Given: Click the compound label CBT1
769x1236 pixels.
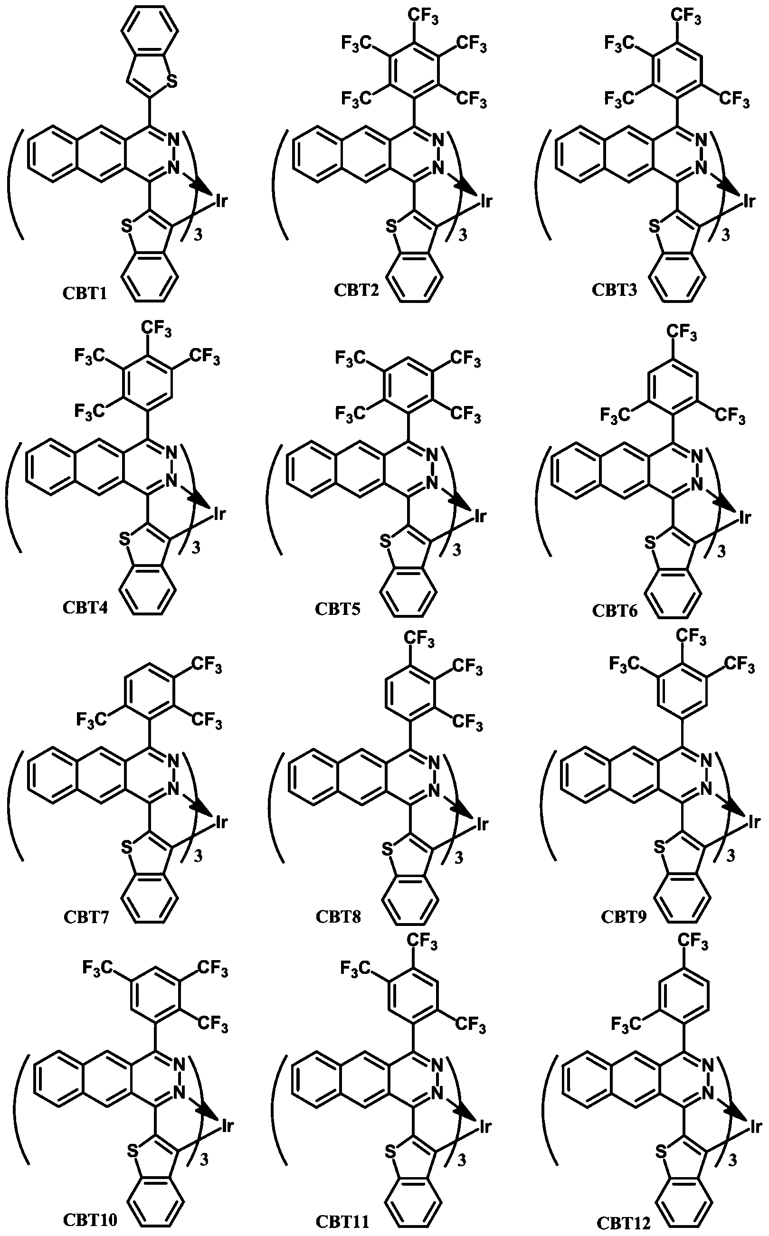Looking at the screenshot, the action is (x=85, y=293).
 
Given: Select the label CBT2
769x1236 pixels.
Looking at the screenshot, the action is (x=357, y=290).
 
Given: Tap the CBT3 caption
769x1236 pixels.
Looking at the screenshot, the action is (x=614, y=290).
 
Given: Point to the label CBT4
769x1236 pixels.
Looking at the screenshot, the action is (x=85, y=607).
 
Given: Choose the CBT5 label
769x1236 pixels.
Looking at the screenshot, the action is (x=338, y=608).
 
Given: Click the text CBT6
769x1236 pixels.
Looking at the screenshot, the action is (x=614, y=610).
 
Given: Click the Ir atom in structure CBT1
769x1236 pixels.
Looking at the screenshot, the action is (x=221, y=201).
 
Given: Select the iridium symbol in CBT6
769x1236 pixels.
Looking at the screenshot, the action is (x=745, y=518).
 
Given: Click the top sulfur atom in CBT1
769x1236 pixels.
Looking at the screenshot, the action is (x=172, y=81).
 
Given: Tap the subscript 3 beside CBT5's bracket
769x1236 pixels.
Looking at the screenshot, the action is (x=457, y=550).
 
